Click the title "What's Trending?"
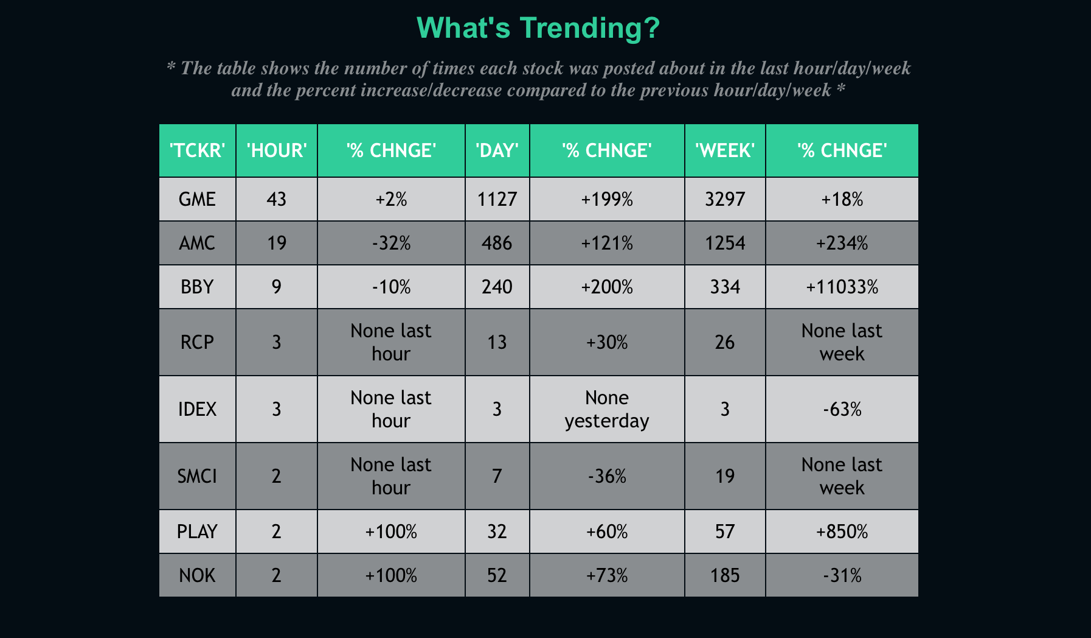[x=538, y=28]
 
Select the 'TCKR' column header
[x=197, y=150]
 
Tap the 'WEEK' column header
[x=725, y=150]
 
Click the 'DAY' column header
[x=497, y=150]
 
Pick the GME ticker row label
[x=197, y=199]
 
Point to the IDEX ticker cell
[x=197, y=409]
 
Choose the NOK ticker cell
[x=197, y=575]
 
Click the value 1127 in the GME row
[x=497, y=199]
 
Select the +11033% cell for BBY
[x=842, y=287]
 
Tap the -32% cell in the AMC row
[x=391, y=243]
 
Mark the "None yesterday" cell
[x=606, y=409]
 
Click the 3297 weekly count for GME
[x=725, y=199]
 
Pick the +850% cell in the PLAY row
[x=842, y=531]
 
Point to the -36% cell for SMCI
[x=606, y=476]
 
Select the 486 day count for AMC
[x=497, y=243]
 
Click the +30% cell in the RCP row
[x=606, y=342]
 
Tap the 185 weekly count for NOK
[x=725, y=575]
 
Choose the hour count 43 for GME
[x=276, y=199]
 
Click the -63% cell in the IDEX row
[x=842, y=409]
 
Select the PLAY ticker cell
[x=197, y=531]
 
